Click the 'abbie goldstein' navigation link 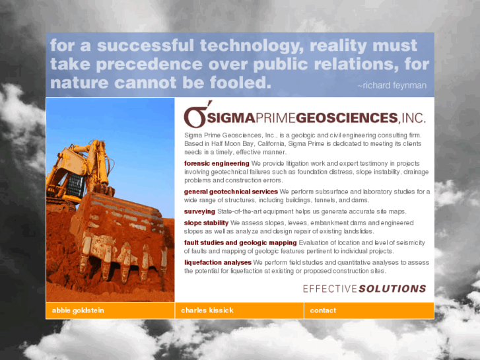pos(78,310)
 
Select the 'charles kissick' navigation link pos(207,310)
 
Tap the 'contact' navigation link pos(323,310)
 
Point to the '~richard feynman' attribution pos(392,86)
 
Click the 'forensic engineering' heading pos(217,163)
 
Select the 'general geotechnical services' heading pos(231,192)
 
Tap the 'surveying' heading pos(199,211)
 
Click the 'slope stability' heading pos(206,223)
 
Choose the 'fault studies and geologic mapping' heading pos(240,243)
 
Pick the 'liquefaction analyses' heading pos(218,263)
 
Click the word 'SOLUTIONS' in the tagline pos(393,289)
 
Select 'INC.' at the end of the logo pos(413,118)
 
